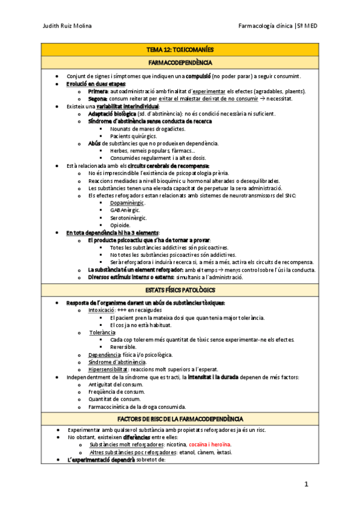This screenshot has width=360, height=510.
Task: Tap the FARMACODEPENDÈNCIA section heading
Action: [180, 62]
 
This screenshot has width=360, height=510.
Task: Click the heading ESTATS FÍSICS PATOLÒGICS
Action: [180, 290]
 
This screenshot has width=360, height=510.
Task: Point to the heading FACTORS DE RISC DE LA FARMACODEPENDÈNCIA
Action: [180, 419]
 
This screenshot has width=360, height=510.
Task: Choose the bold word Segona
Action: [97, 99]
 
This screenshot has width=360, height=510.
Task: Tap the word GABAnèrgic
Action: [124, 210]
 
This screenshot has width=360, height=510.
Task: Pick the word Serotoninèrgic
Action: [128, 218]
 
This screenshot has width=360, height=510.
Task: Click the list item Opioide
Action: [120, 225]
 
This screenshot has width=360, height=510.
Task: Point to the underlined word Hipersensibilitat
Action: [108, 369]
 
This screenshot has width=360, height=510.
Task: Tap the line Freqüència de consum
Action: [118, 392]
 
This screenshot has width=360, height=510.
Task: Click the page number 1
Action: [306, 485]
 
